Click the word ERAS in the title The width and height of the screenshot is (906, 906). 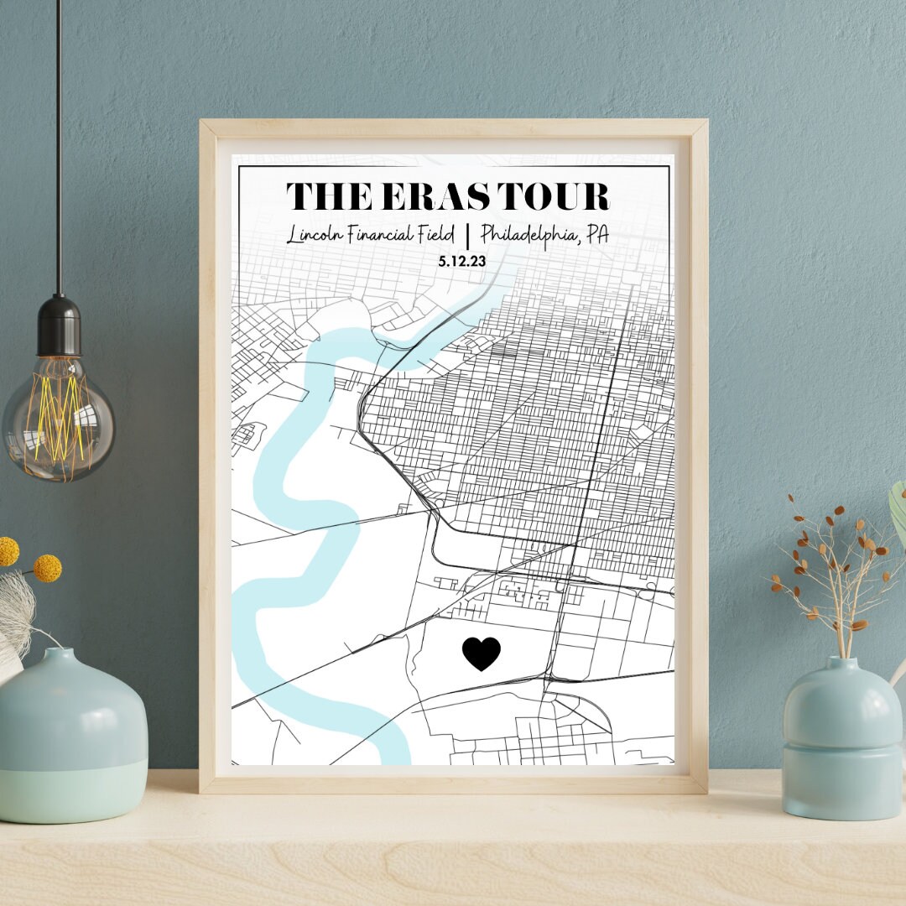424,196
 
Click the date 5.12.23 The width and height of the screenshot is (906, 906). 461,261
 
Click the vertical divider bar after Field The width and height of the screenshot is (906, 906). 468,236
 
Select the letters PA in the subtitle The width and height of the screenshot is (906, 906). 596,234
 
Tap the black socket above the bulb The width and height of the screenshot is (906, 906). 59,322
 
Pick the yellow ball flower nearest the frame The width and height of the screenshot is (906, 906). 47,568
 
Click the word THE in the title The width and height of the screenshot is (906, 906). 321,196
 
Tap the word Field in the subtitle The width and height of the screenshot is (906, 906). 437,235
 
